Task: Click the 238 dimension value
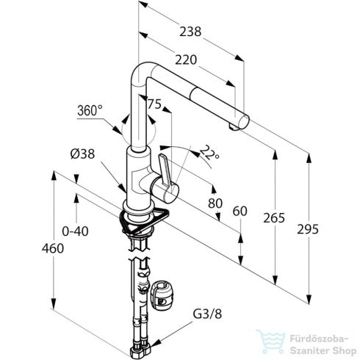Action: [x=190, y=32]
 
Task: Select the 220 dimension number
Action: [x=186, y=60]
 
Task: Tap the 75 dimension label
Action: [x=154, y=104]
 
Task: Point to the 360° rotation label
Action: [x=90, y=110]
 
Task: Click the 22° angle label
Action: [x=209, y=154]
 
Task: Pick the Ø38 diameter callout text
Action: [x=82, y=154]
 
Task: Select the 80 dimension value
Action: [x=215, y=203]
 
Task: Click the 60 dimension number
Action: [x=240, y=211]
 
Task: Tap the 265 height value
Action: [x=274, y=217]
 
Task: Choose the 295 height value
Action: [x=308, y=229]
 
